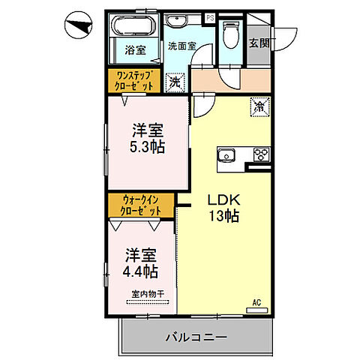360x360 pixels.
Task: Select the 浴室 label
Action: click(135, 51)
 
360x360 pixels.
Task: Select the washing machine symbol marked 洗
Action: click(175, 80)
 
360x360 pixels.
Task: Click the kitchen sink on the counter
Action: click(226, 155)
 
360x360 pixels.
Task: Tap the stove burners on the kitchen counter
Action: click(260, 155)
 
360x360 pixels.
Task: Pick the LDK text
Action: click(223, 200)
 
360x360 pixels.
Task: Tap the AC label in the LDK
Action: click(256, 302)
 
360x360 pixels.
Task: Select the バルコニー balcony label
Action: click(196, 337)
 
